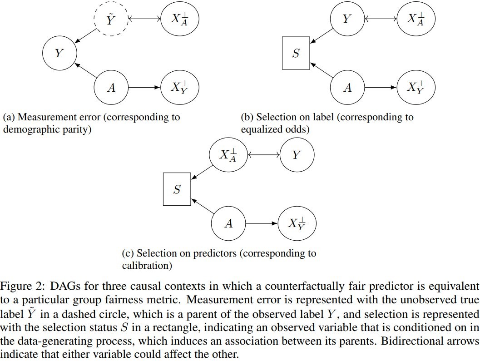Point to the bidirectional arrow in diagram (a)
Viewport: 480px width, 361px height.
(x=144, y=19)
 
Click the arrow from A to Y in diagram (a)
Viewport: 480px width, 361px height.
(x=85, y=70)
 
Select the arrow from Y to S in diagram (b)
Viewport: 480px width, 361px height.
(x=322, y=36)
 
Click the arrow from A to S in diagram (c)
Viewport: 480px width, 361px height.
(x=203, y=206)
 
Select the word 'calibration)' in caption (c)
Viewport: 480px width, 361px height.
(x=147, y=265)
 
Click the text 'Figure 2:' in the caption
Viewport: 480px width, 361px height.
(x=23, y=286)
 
